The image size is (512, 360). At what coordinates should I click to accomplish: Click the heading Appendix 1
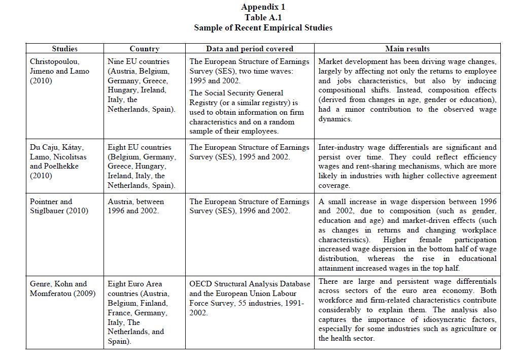click(263, 7)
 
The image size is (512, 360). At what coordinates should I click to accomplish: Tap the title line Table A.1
click(263, 17)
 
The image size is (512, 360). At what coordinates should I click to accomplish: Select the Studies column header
click(64, 49)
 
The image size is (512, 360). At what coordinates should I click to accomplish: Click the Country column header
click(144, 49)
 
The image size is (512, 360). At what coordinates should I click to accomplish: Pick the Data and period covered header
click(249, 49)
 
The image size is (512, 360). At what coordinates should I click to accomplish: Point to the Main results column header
click(407, 49)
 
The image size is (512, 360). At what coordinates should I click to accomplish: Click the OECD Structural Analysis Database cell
click(250, 299)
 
